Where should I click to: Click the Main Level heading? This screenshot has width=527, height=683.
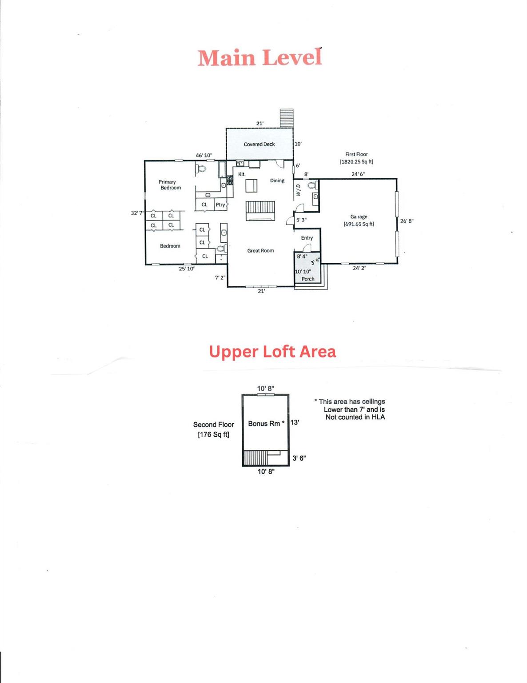click(x=260, y=58)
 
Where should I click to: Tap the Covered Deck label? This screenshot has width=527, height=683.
click(x=259, y=145)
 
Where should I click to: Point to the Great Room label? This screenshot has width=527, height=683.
click(x=260, y=251)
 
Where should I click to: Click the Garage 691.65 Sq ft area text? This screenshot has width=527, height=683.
click(x=359, y=224)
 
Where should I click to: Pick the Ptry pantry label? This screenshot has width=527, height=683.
click(x=220, y=205)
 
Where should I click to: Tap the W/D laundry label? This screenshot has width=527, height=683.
click(x=299, y=190)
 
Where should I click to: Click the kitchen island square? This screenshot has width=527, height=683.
click(x=252, y=185)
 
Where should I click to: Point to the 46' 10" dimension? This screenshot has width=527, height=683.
click(x=204, y=156)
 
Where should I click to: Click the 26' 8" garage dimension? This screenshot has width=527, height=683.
click(x=407, y=221)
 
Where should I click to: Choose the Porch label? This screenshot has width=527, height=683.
click(x=308, y=279)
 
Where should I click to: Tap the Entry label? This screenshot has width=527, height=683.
click(x=307, y=238)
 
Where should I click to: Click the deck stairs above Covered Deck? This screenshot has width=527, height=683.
click(x=287, y=118)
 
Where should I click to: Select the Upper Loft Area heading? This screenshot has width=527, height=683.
click(x=272, y=352)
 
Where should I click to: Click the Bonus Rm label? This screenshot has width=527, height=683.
click(x=264, y=424)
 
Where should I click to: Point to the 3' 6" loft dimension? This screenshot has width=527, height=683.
click(x=299, y=458)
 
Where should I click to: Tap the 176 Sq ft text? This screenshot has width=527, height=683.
click(x=214, y=434)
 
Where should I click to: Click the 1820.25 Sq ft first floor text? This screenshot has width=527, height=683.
click(x=356, y=162)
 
